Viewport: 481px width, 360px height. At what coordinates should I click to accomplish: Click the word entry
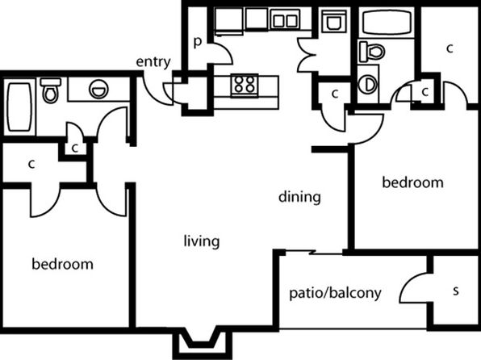pos(153,62)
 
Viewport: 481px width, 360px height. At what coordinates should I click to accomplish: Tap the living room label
pos(202,241)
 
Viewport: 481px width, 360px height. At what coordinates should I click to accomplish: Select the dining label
pos(299,197)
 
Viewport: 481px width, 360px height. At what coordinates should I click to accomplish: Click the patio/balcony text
pos(335,293)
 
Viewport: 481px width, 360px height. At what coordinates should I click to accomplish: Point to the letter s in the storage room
pos(456,291)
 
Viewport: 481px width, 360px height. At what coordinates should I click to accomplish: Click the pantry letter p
pos(198,42)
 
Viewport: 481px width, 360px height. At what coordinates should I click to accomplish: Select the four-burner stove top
pos(245,85)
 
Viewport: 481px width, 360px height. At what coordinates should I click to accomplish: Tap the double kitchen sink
pos(285,19)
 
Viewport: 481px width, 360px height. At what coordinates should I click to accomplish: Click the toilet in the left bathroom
pos(50,90)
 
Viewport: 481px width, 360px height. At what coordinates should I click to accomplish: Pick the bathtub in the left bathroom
pos(19,107)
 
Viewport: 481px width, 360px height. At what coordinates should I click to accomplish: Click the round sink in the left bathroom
pos(98,89)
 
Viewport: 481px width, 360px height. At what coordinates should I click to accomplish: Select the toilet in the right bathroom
pos(372,51)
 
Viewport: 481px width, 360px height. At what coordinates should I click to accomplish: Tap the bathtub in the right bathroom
pos(387,22)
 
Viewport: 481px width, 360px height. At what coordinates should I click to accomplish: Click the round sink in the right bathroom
pos(368,84)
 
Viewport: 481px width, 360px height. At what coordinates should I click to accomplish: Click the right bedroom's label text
pos(412,182)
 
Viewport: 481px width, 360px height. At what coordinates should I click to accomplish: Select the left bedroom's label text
pos(63,264)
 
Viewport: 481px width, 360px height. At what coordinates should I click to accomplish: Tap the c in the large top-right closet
pos(450,48)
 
